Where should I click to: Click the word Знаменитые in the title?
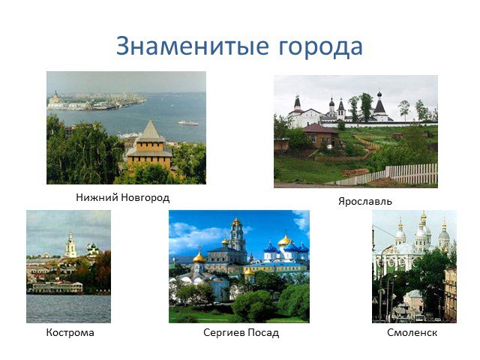click(193, 46)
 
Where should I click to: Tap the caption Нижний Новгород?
click(123, 197)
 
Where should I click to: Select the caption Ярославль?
click(365, 202)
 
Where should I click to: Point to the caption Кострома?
click(70, 332)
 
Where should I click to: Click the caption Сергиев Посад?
click(241, 332)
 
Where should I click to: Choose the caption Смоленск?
click(412, 332)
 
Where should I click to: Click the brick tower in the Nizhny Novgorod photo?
click(150, 146)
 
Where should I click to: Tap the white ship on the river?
click(188, 123)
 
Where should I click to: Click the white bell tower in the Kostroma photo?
click(70, 245)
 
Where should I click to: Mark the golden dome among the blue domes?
click(285, 241)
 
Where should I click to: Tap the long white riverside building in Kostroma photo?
click(57, 287)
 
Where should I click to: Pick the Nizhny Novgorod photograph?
click(126, 128)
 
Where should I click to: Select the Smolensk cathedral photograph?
click(414, 266)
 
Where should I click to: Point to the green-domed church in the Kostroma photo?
click(92, 250)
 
